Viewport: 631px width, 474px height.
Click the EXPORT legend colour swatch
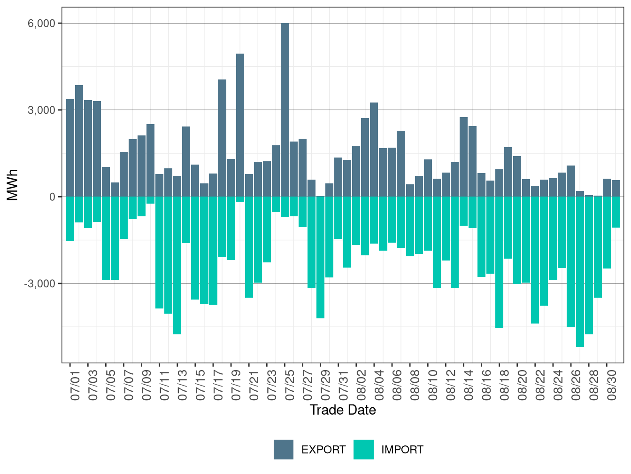[284, 450]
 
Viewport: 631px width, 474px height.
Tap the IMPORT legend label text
[402, 450]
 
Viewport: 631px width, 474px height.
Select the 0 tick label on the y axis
[52, 197]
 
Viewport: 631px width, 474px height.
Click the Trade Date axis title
[343, 410]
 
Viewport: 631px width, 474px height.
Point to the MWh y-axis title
[13, 185]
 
